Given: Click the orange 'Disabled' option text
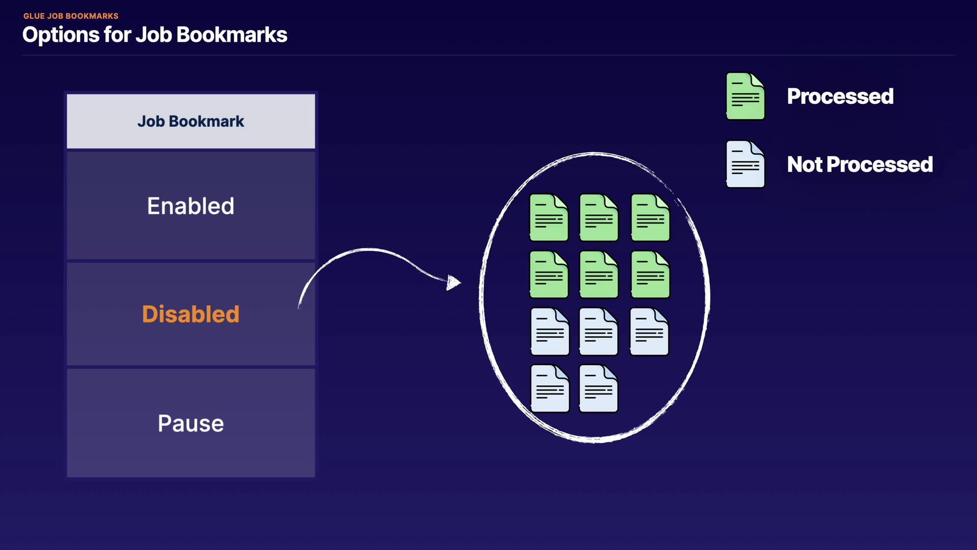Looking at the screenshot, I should pos(191,314).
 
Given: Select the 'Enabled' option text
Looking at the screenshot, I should pos(191,206).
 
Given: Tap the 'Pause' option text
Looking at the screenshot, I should pos(191,424).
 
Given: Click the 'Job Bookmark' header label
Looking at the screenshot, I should pos(191,121).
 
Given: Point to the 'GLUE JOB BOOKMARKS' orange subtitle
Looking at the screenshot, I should pos(71,16).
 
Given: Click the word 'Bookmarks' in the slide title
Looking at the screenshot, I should pos(232,35).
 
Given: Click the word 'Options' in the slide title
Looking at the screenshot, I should pos(61,35).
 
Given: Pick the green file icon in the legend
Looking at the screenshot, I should pos(745,96).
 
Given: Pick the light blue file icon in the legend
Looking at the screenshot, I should pos(745,164).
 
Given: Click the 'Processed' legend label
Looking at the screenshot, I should pos(840,96).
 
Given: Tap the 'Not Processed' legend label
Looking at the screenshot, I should pos(860,164).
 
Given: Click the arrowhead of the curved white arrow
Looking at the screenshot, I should pos(453,283).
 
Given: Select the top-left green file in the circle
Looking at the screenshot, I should pos(549,217).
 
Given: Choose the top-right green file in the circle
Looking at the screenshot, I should pos(650,217).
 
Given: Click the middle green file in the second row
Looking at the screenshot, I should pos(599,274).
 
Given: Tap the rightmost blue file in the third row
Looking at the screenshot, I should pos(649,332).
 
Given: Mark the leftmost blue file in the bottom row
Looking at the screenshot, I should pos(550,389).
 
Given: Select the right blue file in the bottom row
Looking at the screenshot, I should pos(598,389).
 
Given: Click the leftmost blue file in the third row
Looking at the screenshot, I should pos(550,332).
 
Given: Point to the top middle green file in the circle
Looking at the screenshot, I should pos(599,217).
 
